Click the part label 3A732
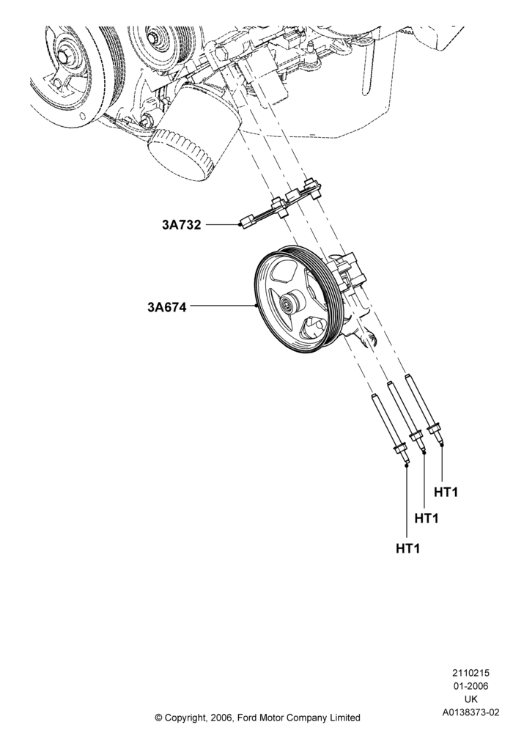pyautogui.click(x=181, y=225)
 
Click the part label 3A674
pyautogui.click(x=167, y=307)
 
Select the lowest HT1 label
pyautogui.click(x=408, y=548)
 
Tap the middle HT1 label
pyautogui.click(x=427, y=518)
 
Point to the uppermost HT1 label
pyautogui.click(x=446, y=492)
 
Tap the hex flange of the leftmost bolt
pyautogui.click(x=399, y=451)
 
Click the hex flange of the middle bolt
pyautogui.click(x=416, y=437)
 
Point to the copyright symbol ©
pyautogui.click(x=158, y=718)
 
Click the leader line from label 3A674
pyautogui.click(x=223, y=306)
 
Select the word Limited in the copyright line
pyautogui.click(x=344, y=718)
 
